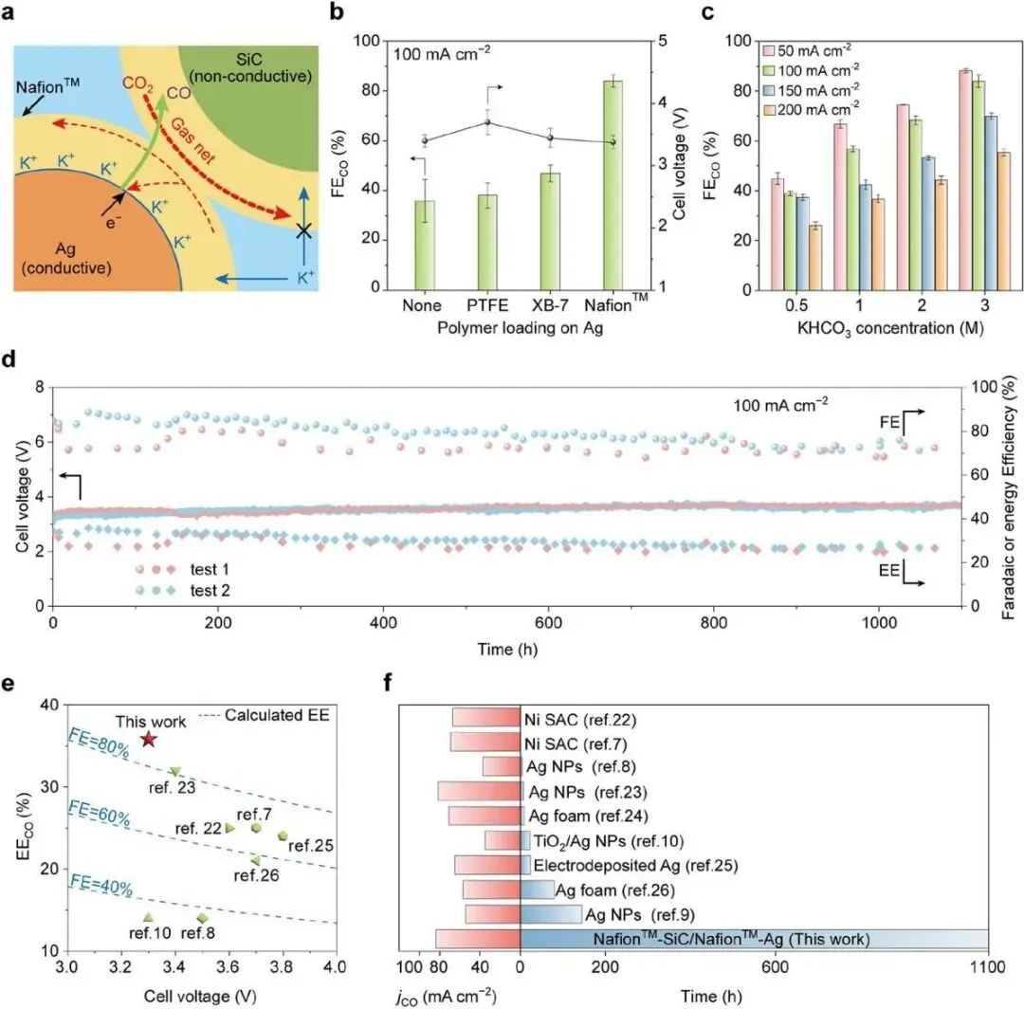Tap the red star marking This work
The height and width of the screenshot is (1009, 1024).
(x=148, y=739)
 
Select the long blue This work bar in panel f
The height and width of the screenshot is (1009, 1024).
(x=754, y=940)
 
